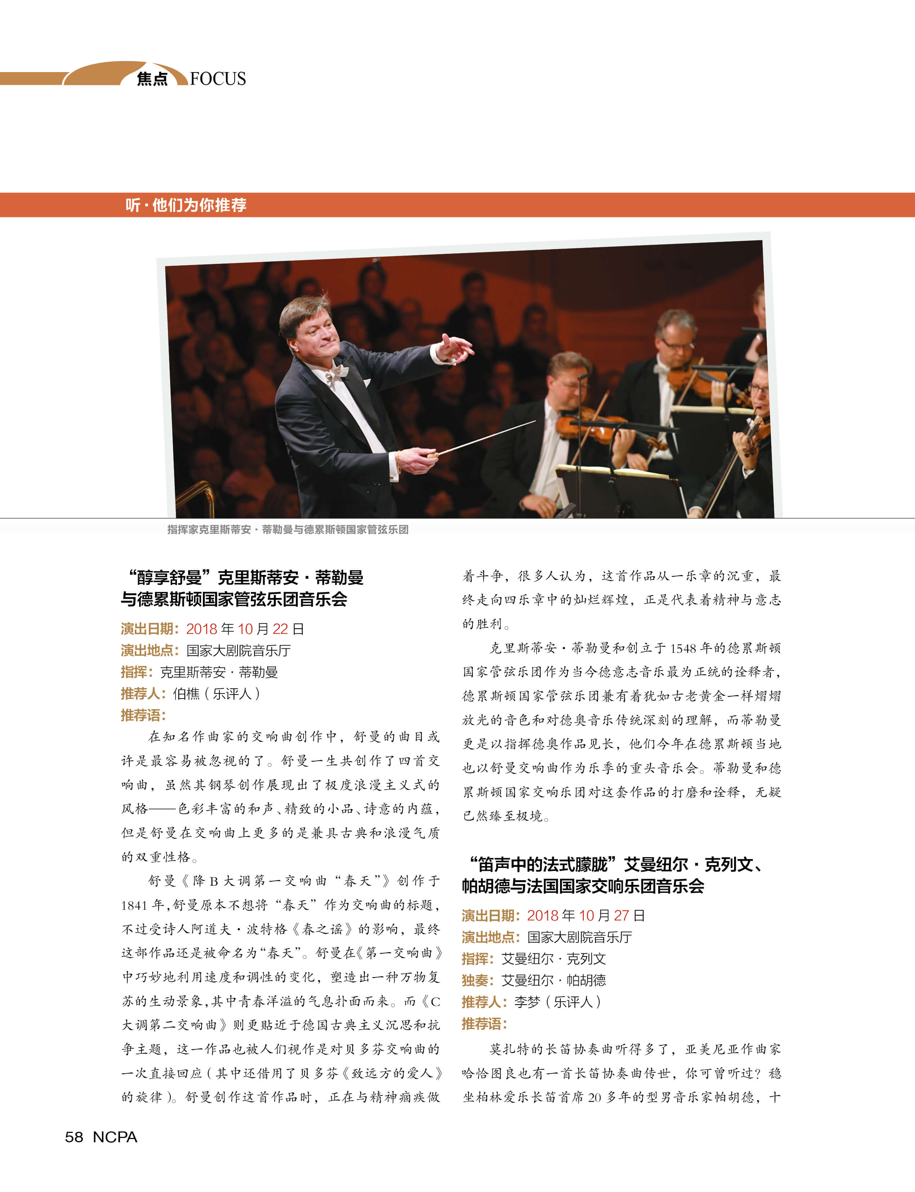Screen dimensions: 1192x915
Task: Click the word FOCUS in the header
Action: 218,79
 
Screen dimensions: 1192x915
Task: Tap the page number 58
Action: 74,1137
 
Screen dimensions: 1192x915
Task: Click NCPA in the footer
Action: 115,1137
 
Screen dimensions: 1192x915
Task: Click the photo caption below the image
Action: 288,529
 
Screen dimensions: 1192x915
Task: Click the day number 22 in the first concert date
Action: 280,629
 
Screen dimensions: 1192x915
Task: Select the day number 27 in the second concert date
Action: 621,916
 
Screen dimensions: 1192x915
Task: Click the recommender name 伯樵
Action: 186,694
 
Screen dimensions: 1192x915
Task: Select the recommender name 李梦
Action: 527,1002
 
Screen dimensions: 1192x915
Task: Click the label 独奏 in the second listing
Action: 475,981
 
